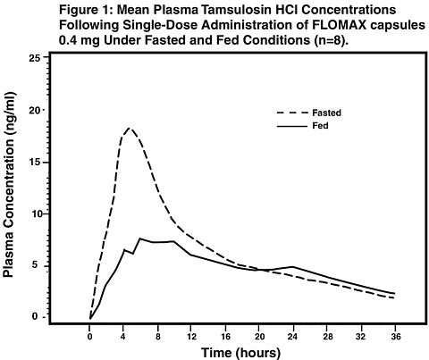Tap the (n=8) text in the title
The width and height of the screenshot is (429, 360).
pyautogui.click(x=332, y=40)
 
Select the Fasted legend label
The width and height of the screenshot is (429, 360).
pyautogui.click(x=326, y=113)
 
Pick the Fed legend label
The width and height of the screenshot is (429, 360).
pyautogui.click(x=320, y=126)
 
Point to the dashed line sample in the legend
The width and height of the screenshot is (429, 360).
pyautogui.click(x=292, y=113)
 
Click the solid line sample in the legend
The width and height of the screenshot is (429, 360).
pyautogui.click(x=292, y=126)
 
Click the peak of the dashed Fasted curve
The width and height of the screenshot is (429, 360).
pyautogui.click(x=129, y=128)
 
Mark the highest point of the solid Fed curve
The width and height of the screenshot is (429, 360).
pyautogui.click(x=140, y=239)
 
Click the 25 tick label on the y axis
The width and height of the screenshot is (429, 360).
pyautogui.click(x=36, y=57)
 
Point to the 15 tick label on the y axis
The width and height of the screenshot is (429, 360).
pyautogui.click(x=36, y=163)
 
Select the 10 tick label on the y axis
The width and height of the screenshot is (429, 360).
pyautogui.click(x=36, y=213)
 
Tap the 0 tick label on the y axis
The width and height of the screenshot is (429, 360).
pyautogui.click(x=36, y=316)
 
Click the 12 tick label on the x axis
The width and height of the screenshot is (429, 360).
pyautogui.click(x=191, y=337)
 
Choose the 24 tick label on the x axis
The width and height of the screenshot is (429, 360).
pyautogui.click(x=293, y=337)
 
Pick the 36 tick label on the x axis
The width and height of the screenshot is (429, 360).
pyautogui.click(x=395, y=337)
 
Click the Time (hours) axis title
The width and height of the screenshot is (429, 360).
pyautogui.click(x=241, y=353)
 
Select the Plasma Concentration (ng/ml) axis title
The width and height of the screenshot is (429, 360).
pyautogui.click(x=9, y=185)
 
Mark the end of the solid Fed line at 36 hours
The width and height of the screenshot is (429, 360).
pyautogui.click(x=395, y=294)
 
